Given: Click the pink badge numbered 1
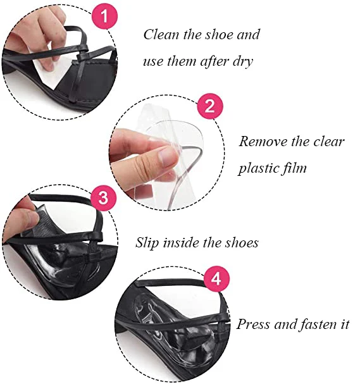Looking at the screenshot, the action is (104, 16).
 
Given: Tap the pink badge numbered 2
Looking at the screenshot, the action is (210, 106).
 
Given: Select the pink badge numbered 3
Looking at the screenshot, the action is (104, 197).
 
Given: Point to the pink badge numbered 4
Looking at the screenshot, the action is (216, 279).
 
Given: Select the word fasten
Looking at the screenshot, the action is (317, 325).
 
